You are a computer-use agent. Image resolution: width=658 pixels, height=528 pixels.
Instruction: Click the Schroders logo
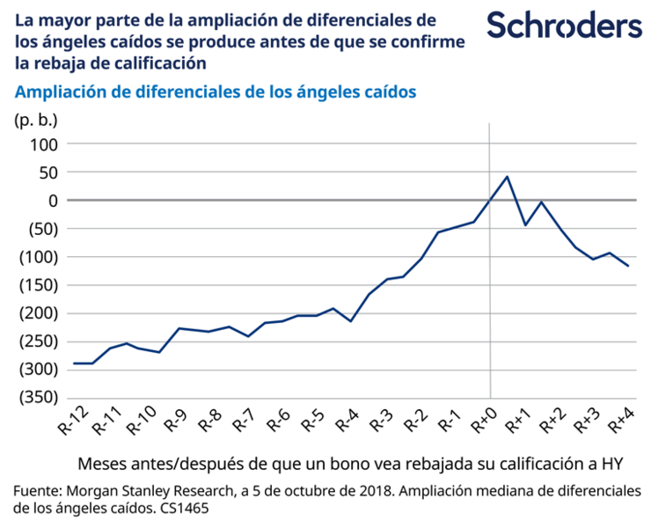tap(564, 26)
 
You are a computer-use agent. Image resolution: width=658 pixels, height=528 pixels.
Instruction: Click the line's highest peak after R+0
tap(507, 176)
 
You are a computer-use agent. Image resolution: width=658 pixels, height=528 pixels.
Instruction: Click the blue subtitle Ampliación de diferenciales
tap(215, 91)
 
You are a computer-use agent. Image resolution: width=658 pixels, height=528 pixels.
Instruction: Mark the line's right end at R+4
tap(628, 266)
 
